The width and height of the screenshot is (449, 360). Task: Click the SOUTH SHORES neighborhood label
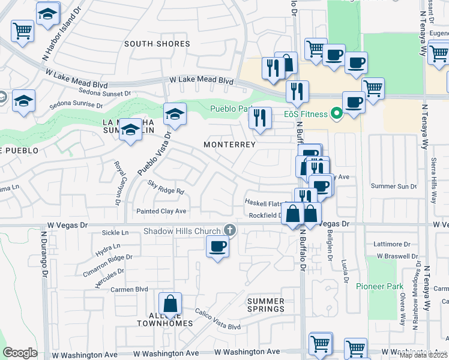tap(157, 44)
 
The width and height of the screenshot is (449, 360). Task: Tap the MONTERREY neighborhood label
tap(229, 145)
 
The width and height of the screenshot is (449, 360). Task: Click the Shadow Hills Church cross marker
tap(229, 230)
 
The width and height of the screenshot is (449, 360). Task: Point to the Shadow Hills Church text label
tap(182, 231)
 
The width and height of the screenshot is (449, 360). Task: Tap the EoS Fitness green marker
tap(337, 113)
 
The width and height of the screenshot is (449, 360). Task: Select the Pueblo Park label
tap(230, 109)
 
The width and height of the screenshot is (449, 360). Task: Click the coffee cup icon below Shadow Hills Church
tap(217, 245)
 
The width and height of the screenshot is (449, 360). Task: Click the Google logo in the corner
tap(20, 353)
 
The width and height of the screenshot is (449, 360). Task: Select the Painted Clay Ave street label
tap(161, 211)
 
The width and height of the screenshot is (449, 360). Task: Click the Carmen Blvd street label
tap(129, 289)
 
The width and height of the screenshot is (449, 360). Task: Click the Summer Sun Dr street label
tap(394, 186)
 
